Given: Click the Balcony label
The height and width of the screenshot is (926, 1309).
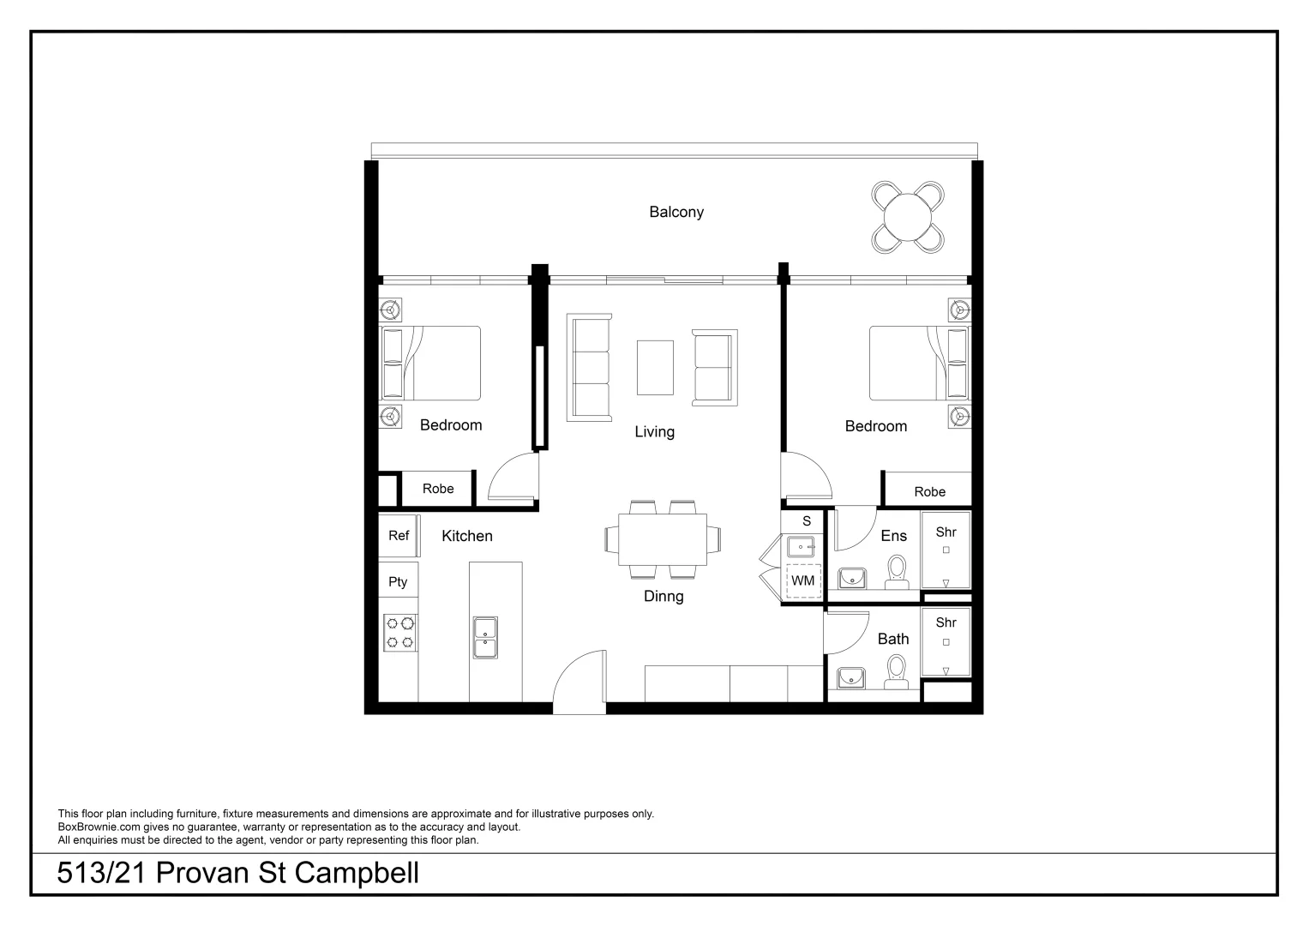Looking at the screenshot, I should pyautogui.click(x=676, y=212).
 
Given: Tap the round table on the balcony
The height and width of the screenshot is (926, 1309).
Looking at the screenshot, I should pyautogui.click(x=908, y=217).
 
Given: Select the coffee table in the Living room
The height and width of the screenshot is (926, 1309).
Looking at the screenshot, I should pyautogui.click(x=655, y=367).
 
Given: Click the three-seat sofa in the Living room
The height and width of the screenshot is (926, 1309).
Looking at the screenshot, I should pyautogui.click(x=589, y=367).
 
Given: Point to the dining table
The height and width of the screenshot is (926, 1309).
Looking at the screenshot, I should pyautogui.click(x=663, y=539).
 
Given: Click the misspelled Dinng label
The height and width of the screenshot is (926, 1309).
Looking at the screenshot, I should pyautogui.click(x=664, y=596).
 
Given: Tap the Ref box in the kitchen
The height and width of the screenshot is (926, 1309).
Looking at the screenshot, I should pyautogui.click(x=399, y=536).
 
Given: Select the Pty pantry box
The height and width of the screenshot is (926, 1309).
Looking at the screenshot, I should pyautogui.click(x=398, y=582).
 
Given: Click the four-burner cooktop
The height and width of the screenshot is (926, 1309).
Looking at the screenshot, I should pyautogui.click(x=399, y=632).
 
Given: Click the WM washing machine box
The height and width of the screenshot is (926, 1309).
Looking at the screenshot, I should pyautogui.click(x=803, y=580).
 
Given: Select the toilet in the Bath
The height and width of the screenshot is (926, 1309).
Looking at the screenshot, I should pyautogui.click(x=897, y=671).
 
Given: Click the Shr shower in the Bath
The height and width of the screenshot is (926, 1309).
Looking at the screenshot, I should pyautogui.click(x=946, y=641).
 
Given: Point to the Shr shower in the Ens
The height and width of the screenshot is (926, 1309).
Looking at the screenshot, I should pyautogui.click(x=946, y=550).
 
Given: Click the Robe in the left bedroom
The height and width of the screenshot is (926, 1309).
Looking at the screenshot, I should pyautogui.click(x=437, y=489).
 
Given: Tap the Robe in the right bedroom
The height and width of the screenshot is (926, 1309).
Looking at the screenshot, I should pyautogui.click(x=929, y=491).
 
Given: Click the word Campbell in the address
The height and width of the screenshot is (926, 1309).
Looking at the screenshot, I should pyautogui.click(x=357, y=873).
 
